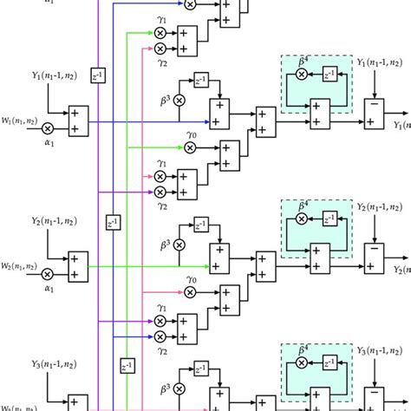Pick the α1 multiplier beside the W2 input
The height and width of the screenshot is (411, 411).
click(x=48, y=271)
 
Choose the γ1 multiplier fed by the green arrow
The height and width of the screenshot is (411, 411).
click(x=160, y=32)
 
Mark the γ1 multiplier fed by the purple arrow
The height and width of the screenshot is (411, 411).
click(x=160, y=322)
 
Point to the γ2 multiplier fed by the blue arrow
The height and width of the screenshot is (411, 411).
click(x=160, y=336)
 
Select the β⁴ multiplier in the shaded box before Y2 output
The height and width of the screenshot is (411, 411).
click(x=302, y=219)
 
